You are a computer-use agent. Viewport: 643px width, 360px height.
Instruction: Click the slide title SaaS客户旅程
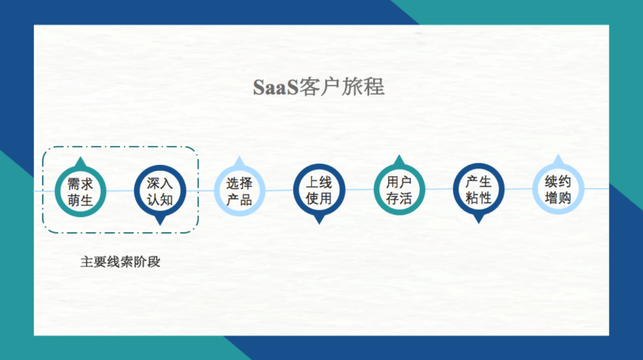[319, 87]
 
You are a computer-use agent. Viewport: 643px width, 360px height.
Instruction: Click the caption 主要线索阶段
[120, 262]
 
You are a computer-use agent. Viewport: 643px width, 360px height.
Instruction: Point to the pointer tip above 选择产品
[239, 156]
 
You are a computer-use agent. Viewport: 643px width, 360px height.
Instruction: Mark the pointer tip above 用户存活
[399, 155]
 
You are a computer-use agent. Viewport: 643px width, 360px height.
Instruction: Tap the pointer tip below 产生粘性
[479, 224]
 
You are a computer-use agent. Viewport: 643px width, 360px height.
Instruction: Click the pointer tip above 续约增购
[558, 154]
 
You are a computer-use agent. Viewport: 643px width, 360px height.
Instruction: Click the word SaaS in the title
[276, 87]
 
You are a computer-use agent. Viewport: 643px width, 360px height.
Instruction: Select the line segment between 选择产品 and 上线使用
[279, 190]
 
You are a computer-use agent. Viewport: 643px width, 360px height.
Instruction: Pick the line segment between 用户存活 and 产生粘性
[439, 189]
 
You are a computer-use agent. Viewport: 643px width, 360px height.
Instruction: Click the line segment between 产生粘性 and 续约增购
[519, 189]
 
